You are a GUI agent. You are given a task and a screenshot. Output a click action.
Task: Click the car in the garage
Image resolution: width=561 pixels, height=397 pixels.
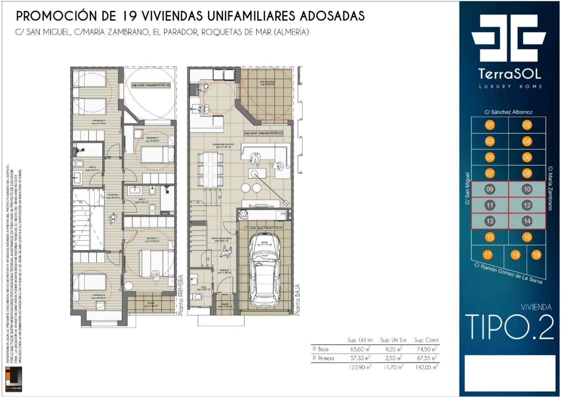[265, 270]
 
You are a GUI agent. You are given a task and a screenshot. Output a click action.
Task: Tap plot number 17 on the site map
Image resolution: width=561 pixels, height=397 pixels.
[487, 255]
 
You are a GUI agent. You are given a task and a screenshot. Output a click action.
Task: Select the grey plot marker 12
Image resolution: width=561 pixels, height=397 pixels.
[527, 205]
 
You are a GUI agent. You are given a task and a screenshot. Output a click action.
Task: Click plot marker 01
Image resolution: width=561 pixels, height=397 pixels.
[489, 125]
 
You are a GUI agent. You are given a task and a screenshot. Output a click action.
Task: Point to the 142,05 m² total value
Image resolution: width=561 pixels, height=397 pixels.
[426, 367]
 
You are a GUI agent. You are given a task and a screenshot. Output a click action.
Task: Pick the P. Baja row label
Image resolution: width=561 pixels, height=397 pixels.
[320, 349]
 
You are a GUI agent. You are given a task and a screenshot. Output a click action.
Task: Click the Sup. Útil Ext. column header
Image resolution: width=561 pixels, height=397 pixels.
[394, 340]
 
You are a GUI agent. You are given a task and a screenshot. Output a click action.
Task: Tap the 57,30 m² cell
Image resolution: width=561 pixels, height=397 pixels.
[360, 358]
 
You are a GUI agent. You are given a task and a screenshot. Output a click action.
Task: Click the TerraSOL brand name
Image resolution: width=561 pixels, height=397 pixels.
[509, 74]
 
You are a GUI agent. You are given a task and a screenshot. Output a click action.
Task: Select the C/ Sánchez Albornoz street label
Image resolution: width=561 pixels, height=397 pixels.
[508, 112]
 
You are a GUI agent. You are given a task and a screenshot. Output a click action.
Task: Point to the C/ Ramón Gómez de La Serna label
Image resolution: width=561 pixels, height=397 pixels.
[508, 273]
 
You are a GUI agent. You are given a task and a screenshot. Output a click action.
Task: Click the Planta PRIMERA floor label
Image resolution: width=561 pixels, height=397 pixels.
[181, 295]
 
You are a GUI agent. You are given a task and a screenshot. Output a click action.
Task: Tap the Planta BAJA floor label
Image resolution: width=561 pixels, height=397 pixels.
[297, 299]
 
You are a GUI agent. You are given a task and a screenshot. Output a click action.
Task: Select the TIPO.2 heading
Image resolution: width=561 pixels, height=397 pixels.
[509, 327]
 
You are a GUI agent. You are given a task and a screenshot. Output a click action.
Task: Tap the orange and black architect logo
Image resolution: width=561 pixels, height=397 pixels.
[14, 379]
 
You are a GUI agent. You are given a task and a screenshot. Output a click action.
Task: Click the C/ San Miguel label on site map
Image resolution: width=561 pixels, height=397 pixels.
[467, 188]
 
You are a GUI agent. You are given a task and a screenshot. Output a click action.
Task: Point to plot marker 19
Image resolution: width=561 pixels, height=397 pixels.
[536, 255]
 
